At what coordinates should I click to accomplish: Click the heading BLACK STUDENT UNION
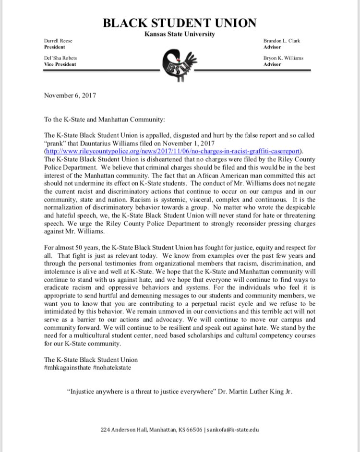click(x=180, y=23)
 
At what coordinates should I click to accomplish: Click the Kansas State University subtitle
click(x=180, y=34)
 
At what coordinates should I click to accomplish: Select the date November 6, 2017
click(x=70, y=95)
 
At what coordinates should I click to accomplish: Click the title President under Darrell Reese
click(x=54, y=48)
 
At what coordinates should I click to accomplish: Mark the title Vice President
click(x=60, y=64)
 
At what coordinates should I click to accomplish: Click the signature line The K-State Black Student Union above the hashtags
click(x=91, y=359)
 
